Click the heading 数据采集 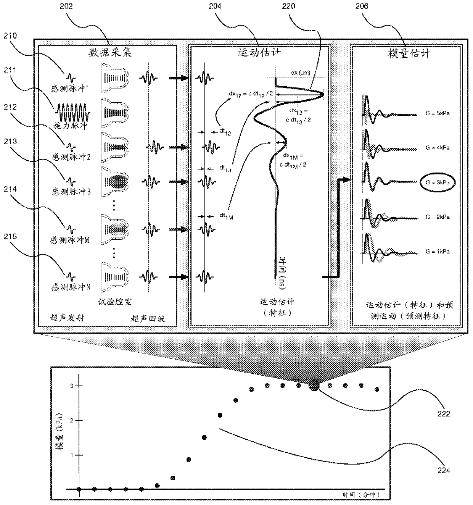tap(110, 52)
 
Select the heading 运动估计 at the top tap(259, 52)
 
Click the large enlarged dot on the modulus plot tap(314, 386)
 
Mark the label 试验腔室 tap(115, 302)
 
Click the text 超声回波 tap(148, 318)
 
